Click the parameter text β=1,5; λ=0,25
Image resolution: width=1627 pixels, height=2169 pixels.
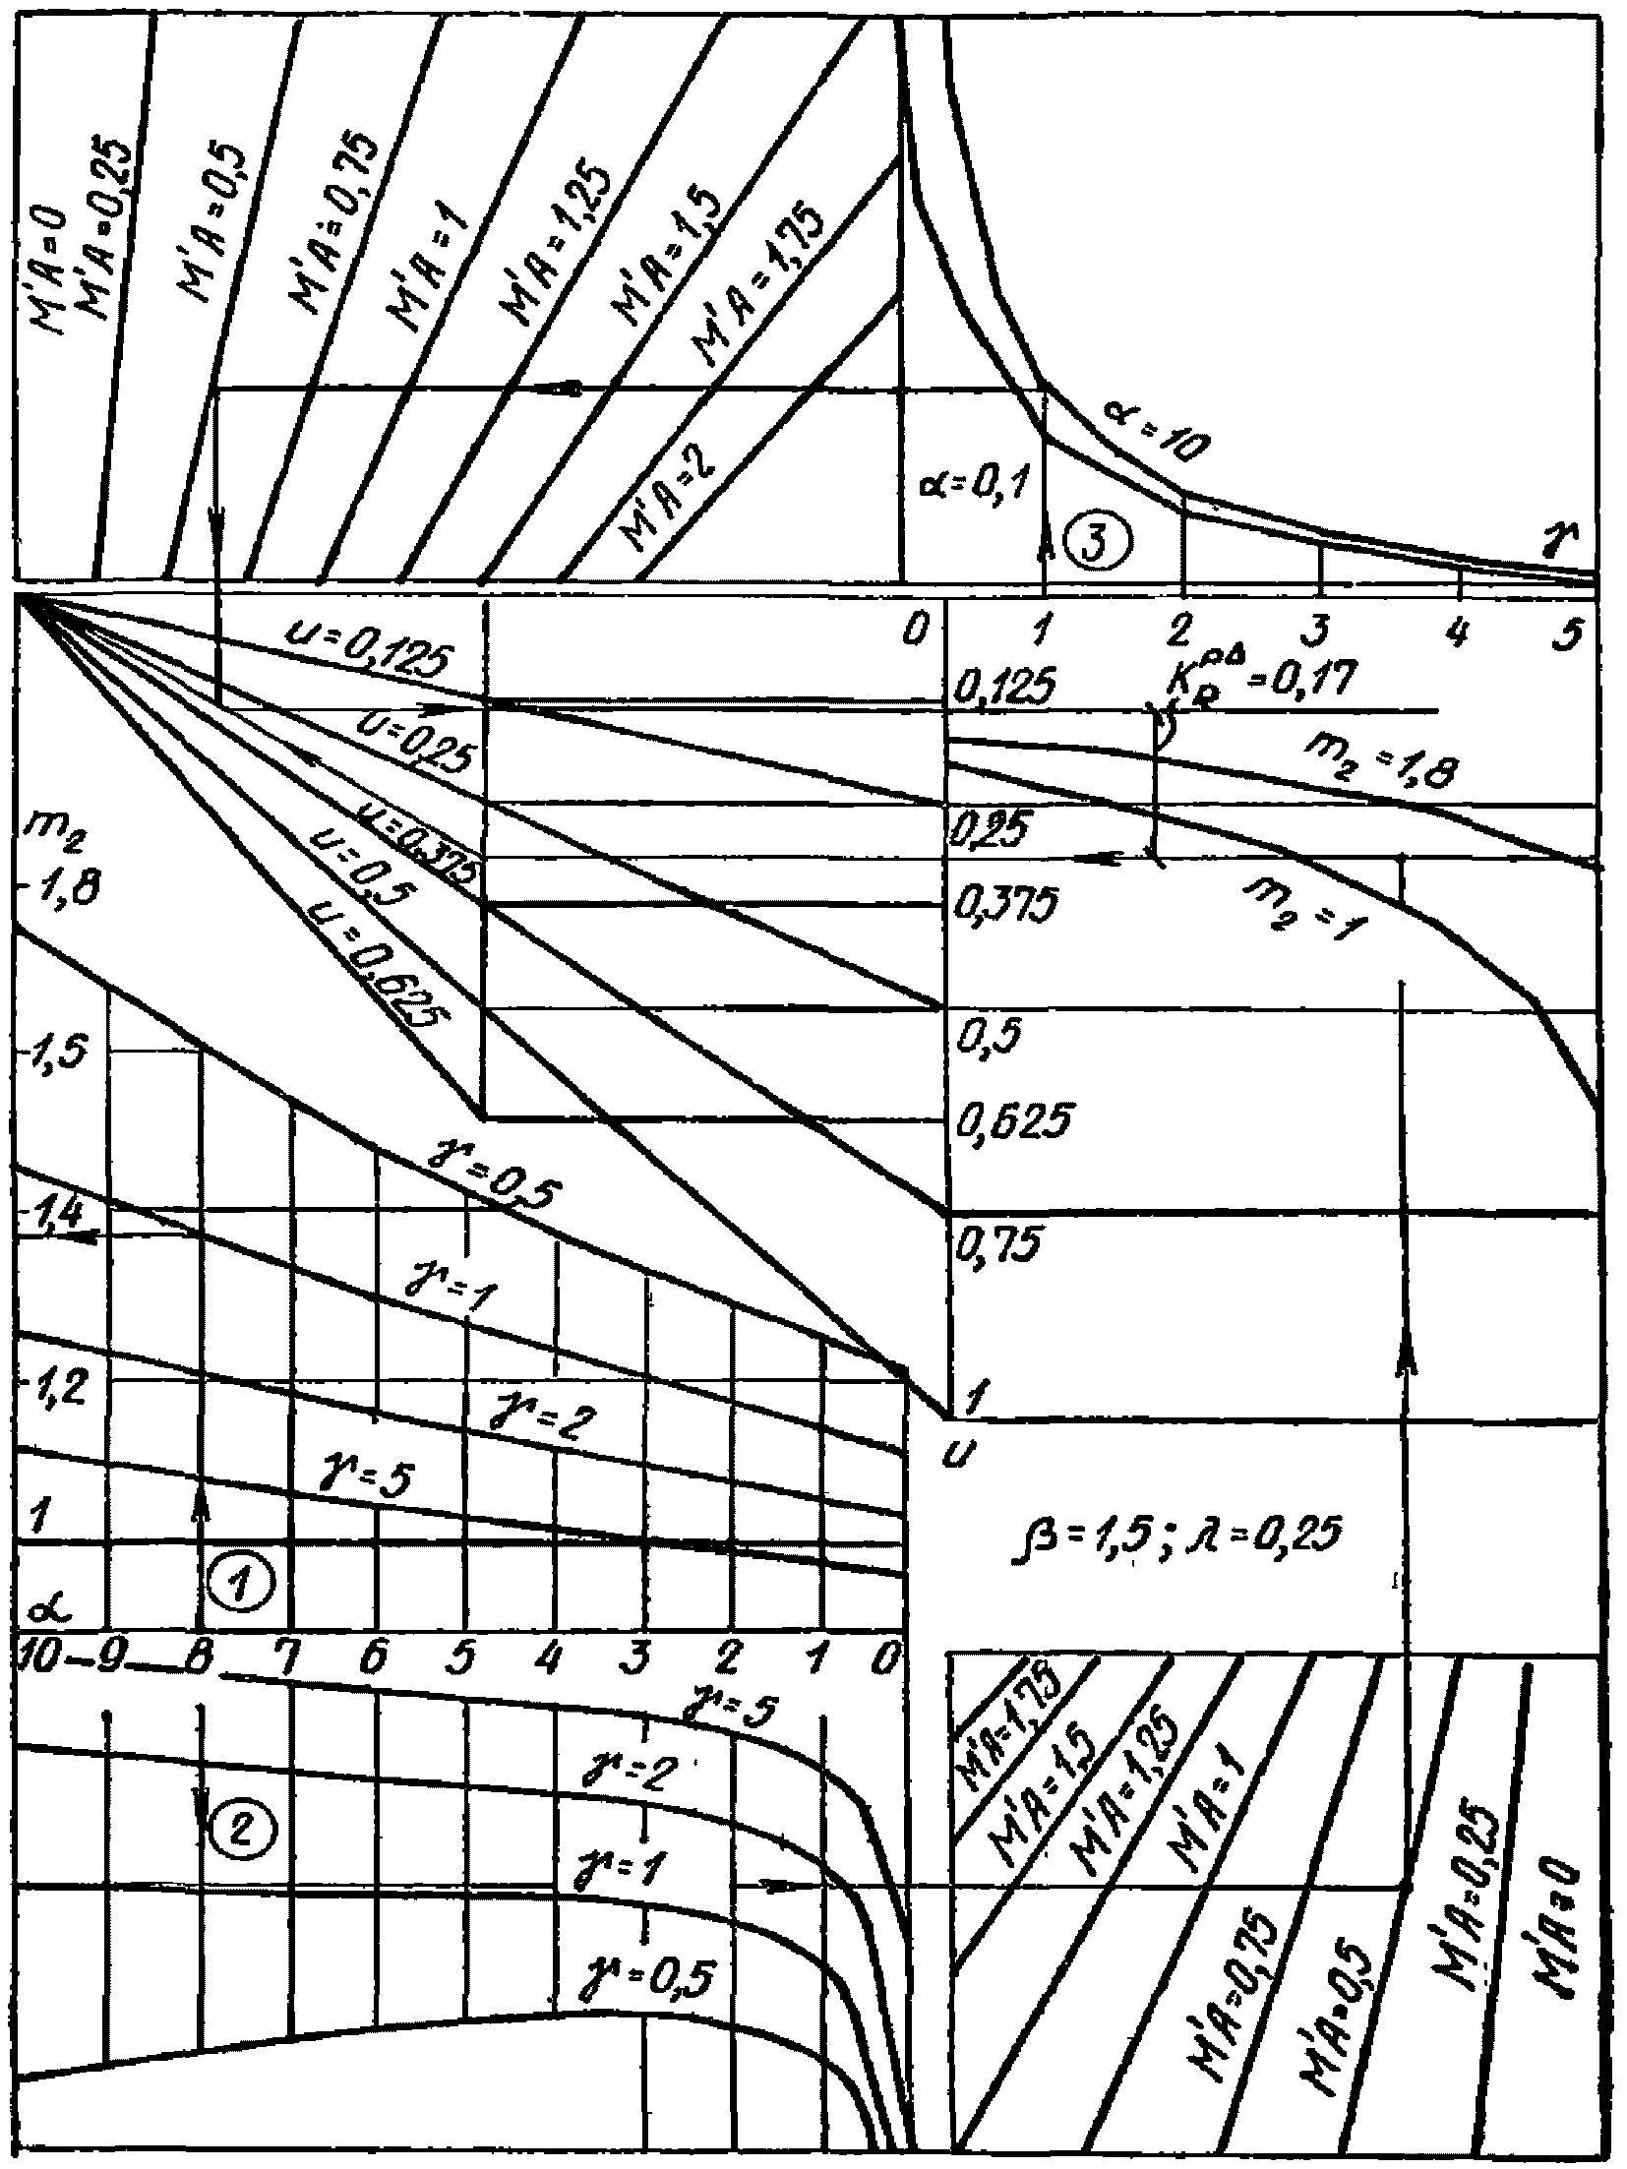pos(1176,1532)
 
